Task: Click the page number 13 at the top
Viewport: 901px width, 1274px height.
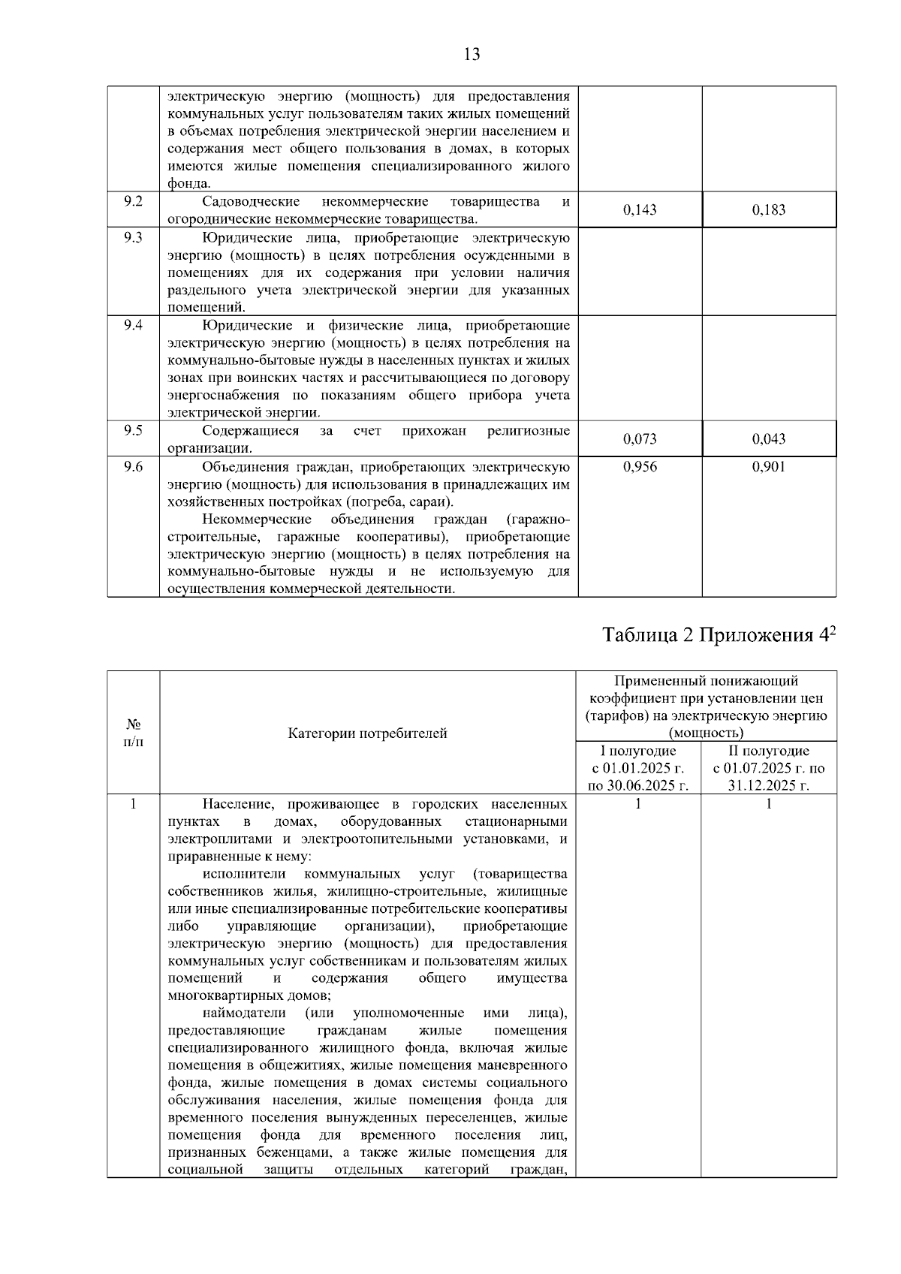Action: point(472,54)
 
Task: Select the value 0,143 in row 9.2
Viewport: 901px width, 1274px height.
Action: point(640,210)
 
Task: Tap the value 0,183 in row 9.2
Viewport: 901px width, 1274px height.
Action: point(769,210)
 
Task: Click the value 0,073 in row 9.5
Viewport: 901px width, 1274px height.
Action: point(640,439)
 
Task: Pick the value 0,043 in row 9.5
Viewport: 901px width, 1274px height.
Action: point(769,439)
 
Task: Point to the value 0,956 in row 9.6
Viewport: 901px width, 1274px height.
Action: point(640,467)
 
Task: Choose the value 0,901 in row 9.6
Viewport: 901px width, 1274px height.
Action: point(769,467)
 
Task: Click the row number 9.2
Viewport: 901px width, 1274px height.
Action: point(133,201)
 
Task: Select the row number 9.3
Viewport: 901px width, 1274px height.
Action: point(133,238)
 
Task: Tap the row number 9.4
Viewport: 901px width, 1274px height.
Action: point(133,325)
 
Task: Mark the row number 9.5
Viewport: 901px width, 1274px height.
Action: point(133,430)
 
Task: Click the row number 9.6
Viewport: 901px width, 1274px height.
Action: point(133,467)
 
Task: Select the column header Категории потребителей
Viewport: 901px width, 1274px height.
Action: point(367,733)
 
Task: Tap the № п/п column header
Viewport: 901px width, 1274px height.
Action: point(133,733)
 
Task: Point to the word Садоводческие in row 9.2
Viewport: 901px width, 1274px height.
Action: point(251,201)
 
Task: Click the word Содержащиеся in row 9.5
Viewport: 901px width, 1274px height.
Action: point(250,430)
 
